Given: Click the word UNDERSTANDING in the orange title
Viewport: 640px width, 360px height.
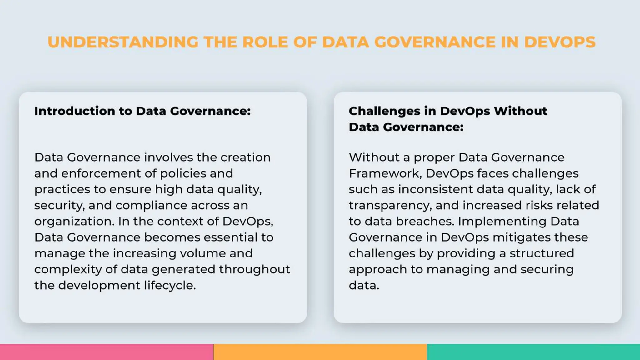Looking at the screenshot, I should [123, 42].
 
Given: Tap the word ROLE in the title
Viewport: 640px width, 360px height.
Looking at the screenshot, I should [265, 42].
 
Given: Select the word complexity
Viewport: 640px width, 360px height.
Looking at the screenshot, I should [68, 269].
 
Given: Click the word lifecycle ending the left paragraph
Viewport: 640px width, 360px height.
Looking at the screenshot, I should [170, 285].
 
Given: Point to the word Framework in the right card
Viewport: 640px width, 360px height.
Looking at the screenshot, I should [385, 173].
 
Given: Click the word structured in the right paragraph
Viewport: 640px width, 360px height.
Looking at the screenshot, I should [542, 253].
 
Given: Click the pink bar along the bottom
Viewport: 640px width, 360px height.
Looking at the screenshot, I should [107, 352].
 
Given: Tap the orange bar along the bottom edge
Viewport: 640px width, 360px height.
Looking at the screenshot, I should [320, 352].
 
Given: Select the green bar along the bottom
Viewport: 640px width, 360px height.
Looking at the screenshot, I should [533, 352].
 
